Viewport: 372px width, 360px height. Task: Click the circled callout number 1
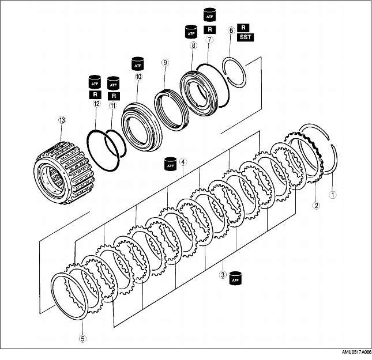[333, 195]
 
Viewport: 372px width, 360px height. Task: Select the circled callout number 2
[316, 205]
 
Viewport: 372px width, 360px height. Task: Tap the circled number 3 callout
[223, 275]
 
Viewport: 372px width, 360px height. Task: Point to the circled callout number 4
[183, 162]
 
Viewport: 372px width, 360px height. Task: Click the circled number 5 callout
[82, 339]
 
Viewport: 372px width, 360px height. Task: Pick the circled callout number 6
[231, 31]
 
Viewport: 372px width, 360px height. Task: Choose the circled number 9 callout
[165, 63]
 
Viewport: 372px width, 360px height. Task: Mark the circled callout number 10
[138, 77]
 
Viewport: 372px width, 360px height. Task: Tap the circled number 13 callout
[62, 120]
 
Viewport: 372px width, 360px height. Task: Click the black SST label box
[245, 37]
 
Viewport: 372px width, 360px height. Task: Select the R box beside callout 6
[243, 28]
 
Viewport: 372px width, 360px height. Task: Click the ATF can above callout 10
[138, 64]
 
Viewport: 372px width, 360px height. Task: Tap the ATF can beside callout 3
[235, 278]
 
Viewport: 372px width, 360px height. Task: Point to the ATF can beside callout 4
[171, 164]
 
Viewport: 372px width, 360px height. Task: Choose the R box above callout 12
[95, 94]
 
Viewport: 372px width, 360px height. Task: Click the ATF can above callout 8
[191, 32]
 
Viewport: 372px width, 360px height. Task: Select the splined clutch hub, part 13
[65, 173]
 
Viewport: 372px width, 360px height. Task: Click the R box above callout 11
[114, 96]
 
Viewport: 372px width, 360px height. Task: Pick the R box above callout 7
[210, 29]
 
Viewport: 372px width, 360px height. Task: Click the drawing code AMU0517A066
[356, 352]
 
